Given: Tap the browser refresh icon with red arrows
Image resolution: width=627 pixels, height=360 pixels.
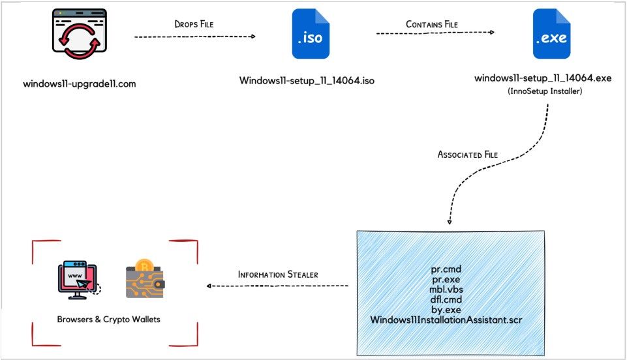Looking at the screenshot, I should (x=79, y=37).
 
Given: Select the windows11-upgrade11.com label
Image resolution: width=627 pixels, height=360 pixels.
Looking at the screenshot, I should (x=80, y=84).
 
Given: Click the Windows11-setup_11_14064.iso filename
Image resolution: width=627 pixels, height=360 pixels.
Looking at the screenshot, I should (x=307, y=81).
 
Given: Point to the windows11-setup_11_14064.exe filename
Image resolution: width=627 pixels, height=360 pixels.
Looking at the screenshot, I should (x=543, y=78).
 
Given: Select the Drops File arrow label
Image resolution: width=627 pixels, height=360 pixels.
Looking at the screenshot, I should (x=194, y=24).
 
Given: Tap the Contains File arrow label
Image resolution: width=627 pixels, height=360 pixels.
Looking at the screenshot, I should (x=432, y=24).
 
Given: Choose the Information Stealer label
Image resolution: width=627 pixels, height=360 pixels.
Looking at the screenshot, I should (x=278, y=274).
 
